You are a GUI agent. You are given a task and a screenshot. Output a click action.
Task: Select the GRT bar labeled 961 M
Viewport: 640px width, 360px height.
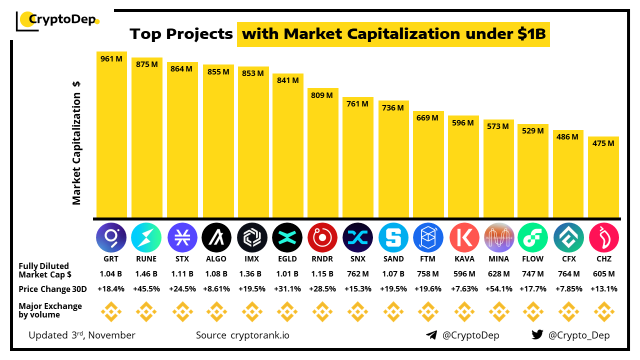click(111, 135)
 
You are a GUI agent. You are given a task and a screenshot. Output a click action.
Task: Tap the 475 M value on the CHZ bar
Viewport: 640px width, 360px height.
click(603, 143)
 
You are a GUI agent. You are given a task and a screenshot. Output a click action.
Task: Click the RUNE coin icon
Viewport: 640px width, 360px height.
click(146, 237)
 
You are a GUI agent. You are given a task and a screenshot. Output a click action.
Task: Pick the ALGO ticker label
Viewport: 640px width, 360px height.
click(216, 259)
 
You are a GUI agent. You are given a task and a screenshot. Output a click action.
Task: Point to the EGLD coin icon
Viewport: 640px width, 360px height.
click(287, 237)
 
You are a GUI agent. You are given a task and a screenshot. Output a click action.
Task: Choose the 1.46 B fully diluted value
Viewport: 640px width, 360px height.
click(146, 274)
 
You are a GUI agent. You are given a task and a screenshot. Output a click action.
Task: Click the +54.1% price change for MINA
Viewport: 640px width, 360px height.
click(498, 289)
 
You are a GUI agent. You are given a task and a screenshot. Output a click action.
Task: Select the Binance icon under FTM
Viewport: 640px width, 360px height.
click(428, 311)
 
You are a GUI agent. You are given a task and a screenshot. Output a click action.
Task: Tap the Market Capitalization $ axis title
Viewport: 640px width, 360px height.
click(76, 142)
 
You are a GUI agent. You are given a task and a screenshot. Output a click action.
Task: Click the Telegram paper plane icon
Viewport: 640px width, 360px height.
click(431, 335)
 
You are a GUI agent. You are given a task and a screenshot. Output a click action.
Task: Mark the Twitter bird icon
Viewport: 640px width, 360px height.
click(537, 335)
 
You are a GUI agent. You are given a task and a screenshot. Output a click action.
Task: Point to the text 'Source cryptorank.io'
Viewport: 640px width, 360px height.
click(242, 335)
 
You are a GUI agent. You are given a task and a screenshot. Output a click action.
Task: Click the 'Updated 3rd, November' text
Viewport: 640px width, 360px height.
click(82, 335)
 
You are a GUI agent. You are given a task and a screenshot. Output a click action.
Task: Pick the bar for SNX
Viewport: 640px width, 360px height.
click(358, 157)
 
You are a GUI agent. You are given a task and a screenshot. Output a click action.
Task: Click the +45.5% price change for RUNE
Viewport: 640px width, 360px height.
click(146, 289)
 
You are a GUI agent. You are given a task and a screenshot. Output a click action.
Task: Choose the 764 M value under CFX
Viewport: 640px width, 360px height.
click(568, 274)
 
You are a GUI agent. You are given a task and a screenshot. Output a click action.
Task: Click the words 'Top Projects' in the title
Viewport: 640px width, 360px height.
click(181, 34)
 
